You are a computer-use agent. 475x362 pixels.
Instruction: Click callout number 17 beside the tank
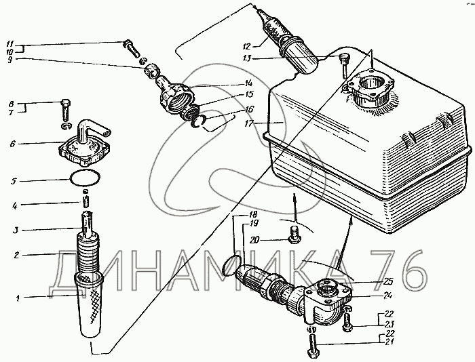point(250,123)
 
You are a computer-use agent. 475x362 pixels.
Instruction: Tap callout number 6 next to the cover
point(12,144)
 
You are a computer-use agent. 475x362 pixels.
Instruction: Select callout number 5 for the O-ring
point(13,181)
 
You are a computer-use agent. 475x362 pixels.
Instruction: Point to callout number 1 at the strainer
point(18,298)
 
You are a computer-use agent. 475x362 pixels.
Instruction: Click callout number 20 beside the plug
point(255,240)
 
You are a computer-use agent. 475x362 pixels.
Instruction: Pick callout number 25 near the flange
point(387,282)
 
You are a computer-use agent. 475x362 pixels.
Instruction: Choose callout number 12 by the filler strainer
point(246,46)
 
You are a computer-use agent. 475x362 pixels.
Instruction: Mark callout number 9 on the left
point(10,60)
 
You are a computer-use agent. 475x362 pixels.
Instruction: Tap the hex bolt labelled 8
point(66,109)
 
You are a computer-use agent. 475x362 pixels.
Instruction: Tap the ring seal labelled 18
point(232,264)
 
